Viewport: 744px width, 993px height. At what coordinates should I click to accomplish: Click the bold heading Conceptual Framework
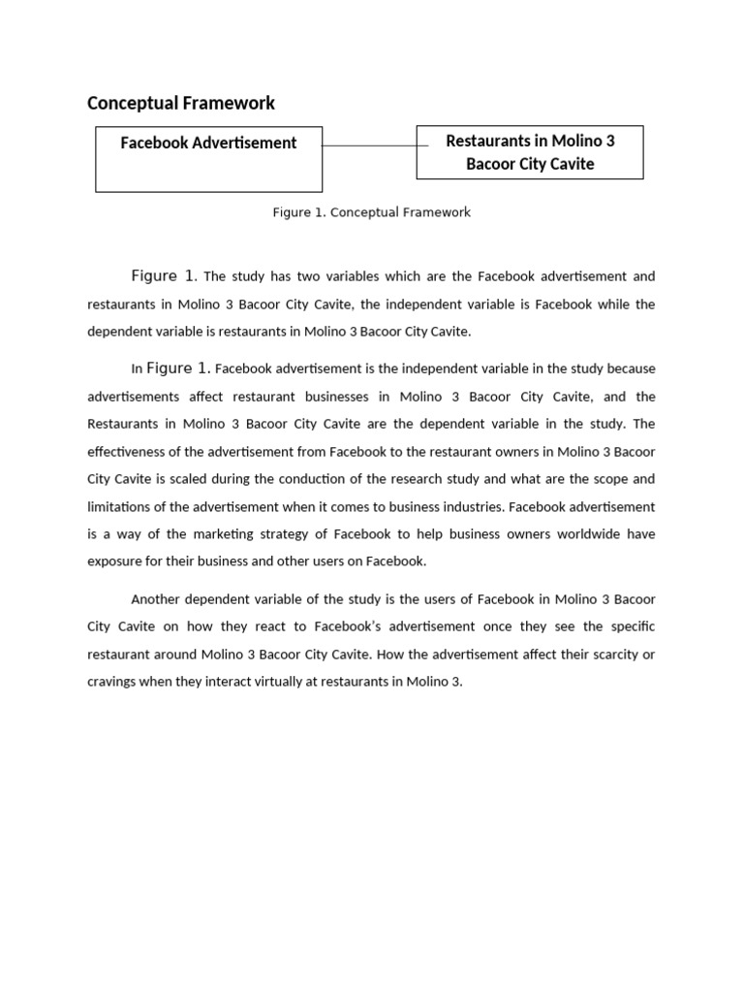tap(181, 103)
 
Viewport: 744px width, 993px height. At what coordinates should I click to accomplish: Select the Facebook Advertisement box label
tap(208, 143)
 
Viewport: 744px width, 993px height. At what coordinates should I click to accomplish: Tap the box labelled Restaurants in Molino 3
tap(530, 152)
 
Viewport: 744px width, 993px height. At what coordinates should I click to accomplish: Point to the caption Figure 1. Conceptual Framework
tap(371, 211)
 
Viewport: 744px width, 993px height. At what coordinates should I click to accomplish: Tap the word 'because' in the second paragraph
tap(631, 368)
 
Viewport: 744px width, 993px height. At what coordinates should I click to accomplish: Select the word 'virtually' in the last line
tap(278, 681)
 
